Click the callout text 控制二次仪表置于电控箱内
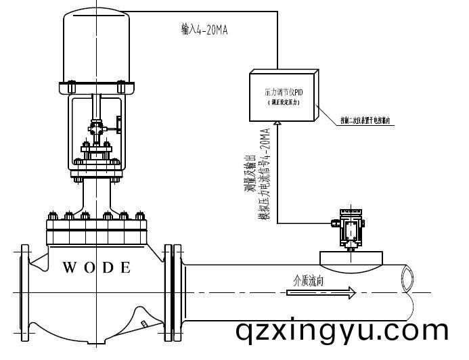[x=368, y=122]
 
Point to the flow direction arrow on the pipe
[x=321, y=292]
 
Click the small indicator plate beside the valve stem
[x=119, y=125]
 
